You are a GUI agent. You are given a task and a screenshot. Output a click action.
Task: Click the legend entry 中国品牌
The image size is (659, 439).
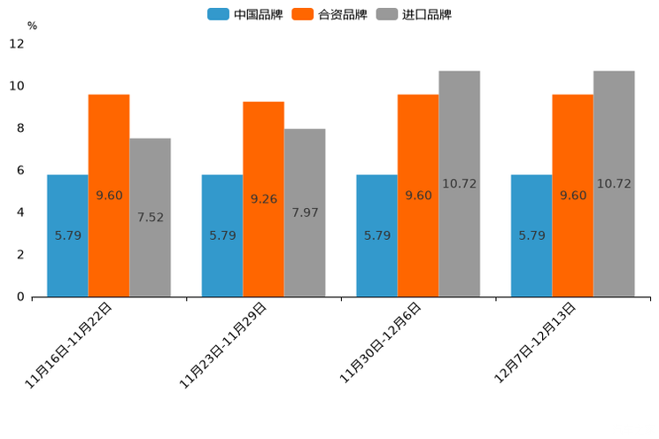point(245,14)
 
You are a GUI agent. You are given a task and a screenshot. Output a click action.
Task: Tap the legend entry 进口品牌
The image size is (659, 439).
point(414,14)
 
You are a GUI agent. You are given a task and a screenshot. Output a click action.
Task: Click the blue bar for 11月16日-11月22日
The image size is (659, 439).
point(67,235)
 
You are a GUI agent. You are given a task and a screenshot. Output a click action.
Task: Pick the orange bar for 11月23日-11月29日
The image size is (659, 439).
point(264,199)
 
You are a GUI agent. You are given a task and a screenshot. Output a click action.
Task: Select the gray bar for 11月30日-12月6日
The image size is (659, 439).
point(459,183)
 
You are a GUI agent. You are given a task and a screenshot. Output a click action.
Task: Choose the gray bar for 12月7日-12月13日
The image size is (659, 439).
point(614,183)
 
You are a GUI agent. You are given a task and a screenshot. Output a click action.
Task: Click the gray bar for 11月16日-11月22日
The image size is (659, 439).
point(150,217)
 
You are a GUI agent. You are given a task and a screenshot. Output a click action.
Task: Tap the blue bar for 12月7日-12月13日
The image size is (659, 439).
point(531,235)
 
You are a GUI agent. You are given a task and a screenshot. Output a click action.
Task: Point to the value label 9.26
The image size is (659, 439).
point(264,199)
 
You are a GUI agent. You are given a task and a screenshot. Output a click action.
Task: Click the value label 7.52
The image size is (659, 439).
point(150,217)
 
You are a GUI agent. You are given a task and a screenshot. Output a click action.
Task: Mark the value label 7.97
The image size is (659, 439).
point(305,212)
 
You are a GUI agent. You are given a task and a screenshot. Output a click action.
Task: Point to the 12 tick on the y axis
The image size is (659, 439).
point(17,43)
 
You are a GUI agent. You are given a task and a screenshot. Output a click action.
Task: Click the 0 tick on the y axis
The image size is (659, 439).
point(20,297)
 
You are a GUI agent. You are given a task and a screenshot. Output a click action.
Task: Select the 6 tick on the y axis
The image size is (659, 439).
point(20,170)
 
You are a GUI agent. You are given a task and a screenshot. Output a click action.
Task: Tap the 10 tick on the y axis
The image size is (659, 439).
point(17,86)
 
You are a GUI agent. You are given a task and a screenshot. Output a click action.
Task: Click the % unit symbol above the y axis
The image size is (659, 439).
point(32,26)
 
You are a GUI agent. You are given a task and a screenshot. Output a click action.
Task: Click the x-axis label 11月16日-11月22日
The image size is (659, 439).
point(70,344)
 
